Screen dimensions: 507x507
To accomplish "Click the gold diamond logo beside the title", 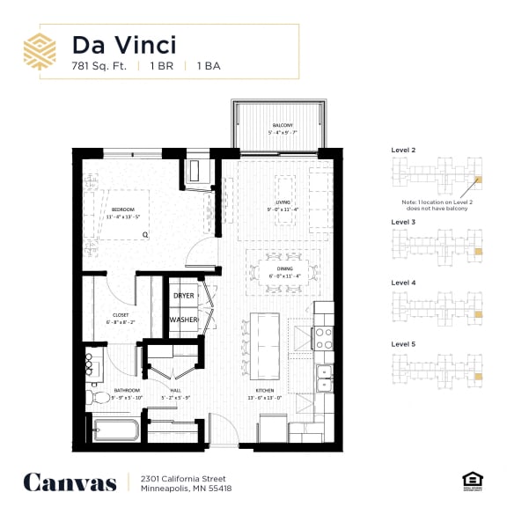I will [40, 51].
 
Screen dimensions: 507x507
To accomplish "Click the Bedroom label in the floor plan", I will [123, 212].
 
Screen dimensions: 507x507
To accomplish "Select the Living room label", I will [283, 208].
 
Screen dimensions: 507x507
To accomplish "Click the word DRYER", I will [183, 296].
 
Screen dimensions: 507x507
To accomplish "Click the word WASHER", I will [183, 320].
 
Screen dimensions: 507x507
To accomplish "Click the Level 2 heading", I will [403, 151].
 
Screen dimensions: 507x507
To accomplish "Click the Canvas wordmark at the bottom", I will [70, 481].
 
